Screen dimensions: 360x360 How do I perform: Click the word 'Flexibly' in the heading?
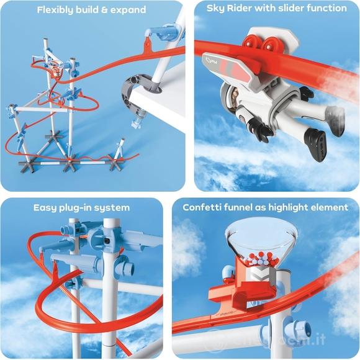pos(57,10)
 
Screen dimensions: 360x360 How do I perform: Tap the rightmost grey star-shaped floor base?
pos(116,163)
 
